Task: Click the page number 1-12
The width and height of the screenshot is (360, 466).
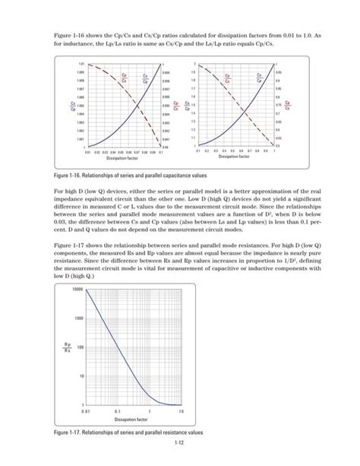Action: [x=180, y=443]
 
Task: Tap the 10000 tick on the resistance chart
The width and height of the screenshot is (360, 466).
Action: [x=74, y=290]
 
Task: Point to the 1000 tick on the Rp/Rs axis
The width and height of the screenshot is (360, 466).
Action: [x=75, y=319]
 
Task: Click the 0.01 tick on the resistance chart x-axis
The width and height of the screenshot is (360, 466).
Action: [x=87, y=411]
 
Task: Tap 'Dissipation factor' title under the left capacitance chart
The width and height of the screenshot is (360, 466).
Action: [x=120, y=158]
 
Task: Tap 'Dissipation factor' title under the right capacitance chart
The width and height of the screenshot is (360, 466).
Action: [x=232, y=158]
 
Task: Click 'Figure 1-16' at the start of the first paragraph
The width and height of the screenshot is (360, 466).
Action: [x=69, y=36]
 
